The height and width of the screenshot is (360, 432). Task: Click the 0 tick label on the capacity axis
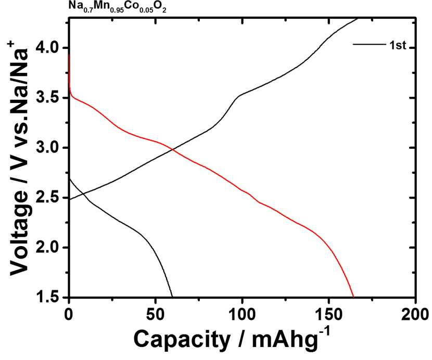point(69,314)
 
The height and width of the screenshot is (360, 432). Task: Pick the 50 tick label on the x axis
point(156,314)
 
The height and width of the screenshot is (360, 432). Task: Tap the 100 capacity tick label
point(242,314)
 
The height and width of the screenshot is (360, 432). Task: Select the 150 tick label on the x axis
point(328,314)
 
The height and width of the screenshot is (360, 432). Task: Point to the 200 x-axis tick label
point(415,314)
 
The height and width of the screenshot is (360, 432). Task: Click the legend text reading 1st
point(398,45)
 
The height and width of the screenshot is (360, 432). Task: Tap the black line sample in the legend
point(369,44)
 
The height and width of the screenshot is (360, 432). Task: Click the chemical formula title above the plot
point(117,7)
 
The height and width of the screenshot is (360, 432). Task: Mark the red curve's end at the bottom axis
point(353,297)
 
